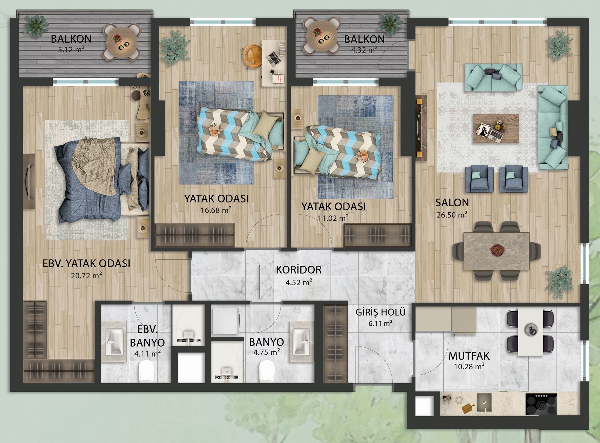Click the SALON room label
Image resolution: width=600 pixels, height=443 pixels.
[452, 203]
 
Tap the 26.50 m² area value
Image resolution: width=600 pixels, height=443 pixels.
[452, 215]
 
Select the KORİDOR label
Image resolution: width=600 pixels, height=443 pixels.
[298, 270]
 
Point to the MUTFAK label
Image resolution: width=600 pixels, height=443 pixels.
[469, 356]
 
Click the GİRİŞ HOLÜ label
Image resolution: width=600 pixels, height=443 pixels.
[380, 312]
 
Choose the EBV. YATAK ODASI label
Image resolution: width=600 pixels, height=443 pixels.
[87, 263]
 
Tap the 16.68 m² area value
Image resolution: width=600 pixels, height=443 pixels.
[216, 210]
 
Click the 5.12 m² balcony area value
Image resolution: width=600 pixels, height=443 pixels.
[71, 49]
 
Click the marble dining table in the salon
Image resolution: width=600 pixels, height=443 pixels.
[496, 248]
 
